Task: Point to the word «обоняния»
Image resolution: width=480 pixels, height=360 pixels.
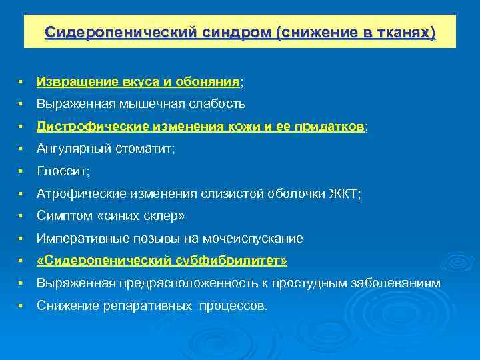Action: (x=207, y=81)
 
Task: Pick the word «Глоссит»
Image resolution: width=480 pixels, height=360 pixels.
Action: (x=62, y=171)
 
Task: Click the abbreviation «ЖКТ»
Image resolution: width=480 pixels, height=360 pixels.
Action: (x=343, y=193)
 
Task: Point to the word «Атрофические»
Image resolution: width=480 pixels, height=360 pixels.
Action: (x=78, y=193)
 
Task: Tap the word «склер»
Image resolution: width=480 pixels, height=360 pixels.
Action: (x=163, y=216)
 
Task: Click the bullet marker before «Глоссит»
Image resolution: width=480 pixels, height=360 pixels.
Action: (x=22, y=171)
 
